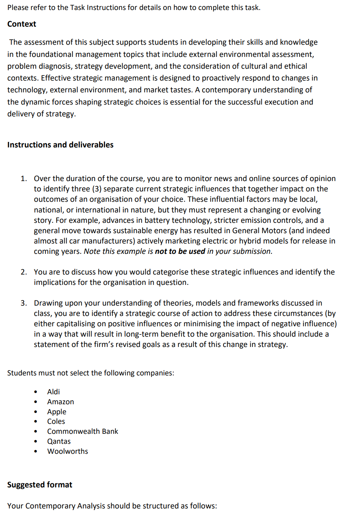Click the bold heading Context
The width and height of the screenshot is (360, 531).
pyautogui.click(x=21, y=24)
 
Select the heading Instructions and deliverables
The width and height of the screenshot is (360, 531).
pyautogui.click(x=60, y=145)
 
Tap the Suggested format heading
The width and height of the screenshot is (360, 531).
pyautogui.click(x=40, y=485)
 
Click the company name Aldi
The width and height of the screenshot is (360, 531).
pyautogui.click(x=53, y=392)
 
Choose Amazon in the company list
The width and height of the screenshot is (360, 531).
pyautogui.click(x=60, y=402)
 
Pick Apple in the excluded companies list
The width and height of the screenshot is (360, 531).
pyautogui.click(x=57, y=412)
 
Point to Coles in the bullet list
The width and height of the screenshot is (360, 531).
pyautogui.click(x=56, y=422)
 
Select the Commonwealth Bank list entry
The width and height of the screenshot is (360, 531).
pyautogui.click(x=82, y=432)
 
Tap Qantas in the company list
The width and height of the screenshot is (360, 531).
pyautogui.click(x=59, y=442)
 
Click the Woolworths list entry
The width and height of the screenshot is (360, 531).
pyautogui.click(x=67, y=452)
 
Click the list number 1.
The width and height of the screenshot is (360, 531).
pyautogui.click(x=23, y=179)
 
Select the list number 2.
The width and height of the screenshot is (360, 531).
pyautogui.click(x=23, y=272)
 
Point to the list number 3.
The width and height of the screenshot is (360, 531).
pyautogui.click(x=23, y=303)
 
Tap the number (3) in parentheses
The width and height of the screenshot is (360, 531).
pyautogui.click(x=96, y=189)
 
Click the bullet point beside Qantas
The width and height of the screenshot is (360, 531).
pyautogui.click(x=35, y=442)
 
